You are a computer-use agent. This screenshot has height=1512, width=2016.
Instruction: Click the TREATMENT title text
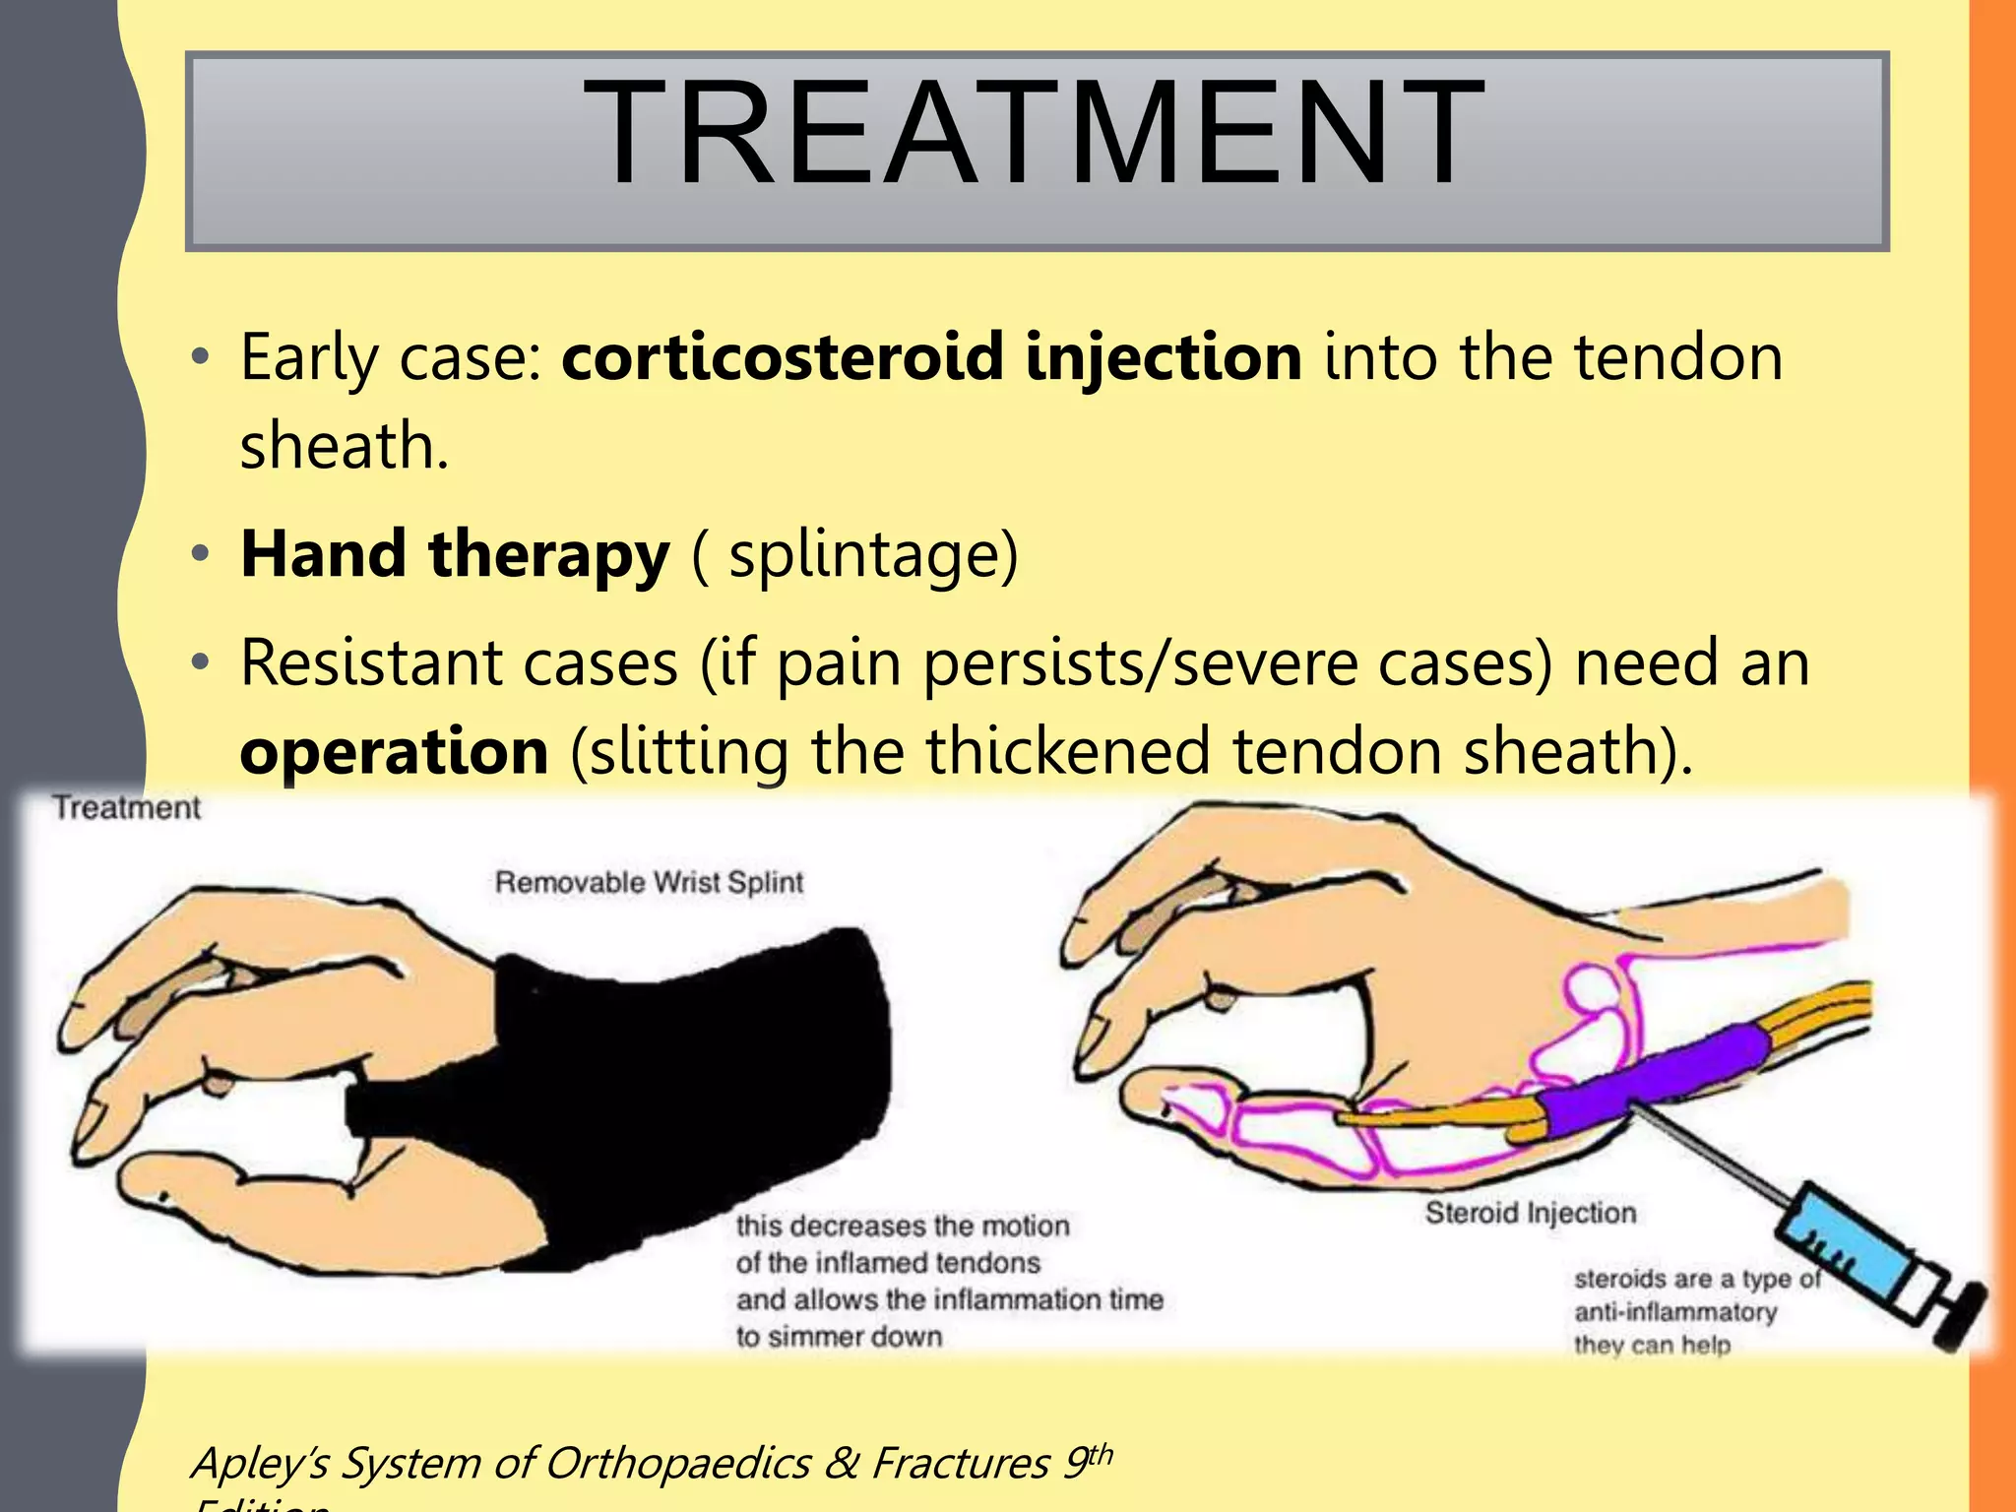point(1034,133)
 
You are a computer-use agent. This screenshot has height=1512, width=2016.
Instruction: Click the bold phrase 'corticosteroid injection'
point(931,356)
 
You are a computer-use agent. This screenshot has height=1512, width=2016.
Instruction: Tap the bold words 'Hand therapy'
point(455,554)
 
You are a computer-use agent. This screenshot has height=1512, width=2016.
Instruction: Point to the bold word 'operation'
point(394,752)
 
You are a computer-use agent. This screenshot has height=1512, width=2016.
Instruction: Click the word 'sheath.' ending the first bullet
point(345,446)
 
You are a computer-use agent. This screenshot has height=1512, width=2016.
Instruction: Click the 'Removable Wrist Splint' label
point(649,882)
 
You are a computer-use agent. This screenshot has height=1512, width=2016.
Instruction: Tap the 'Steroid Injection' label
point(1531,1213)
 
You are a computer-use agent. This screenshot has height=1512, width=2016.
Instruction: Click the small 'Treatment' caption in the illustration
point(127,808)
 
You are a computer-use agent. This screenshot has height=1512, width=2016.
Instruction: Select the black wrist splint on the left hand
point(689,1063)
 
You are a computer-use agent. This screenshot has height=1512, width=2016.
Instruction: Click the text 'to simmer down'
point(839,1337)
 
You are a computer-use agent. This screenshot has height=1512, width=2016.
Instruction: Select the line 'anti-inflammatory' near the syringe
point(1675,1312)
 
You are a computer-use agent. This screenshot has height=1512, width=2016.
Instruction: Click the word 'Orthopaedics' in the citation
point(677,1463)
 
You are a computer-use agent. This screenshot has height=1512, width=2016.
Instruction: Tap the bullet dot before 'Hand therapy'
point(201,554)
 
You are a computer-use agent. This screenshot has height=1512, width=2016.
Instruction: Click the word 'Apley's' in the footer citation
point(260,1463)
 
